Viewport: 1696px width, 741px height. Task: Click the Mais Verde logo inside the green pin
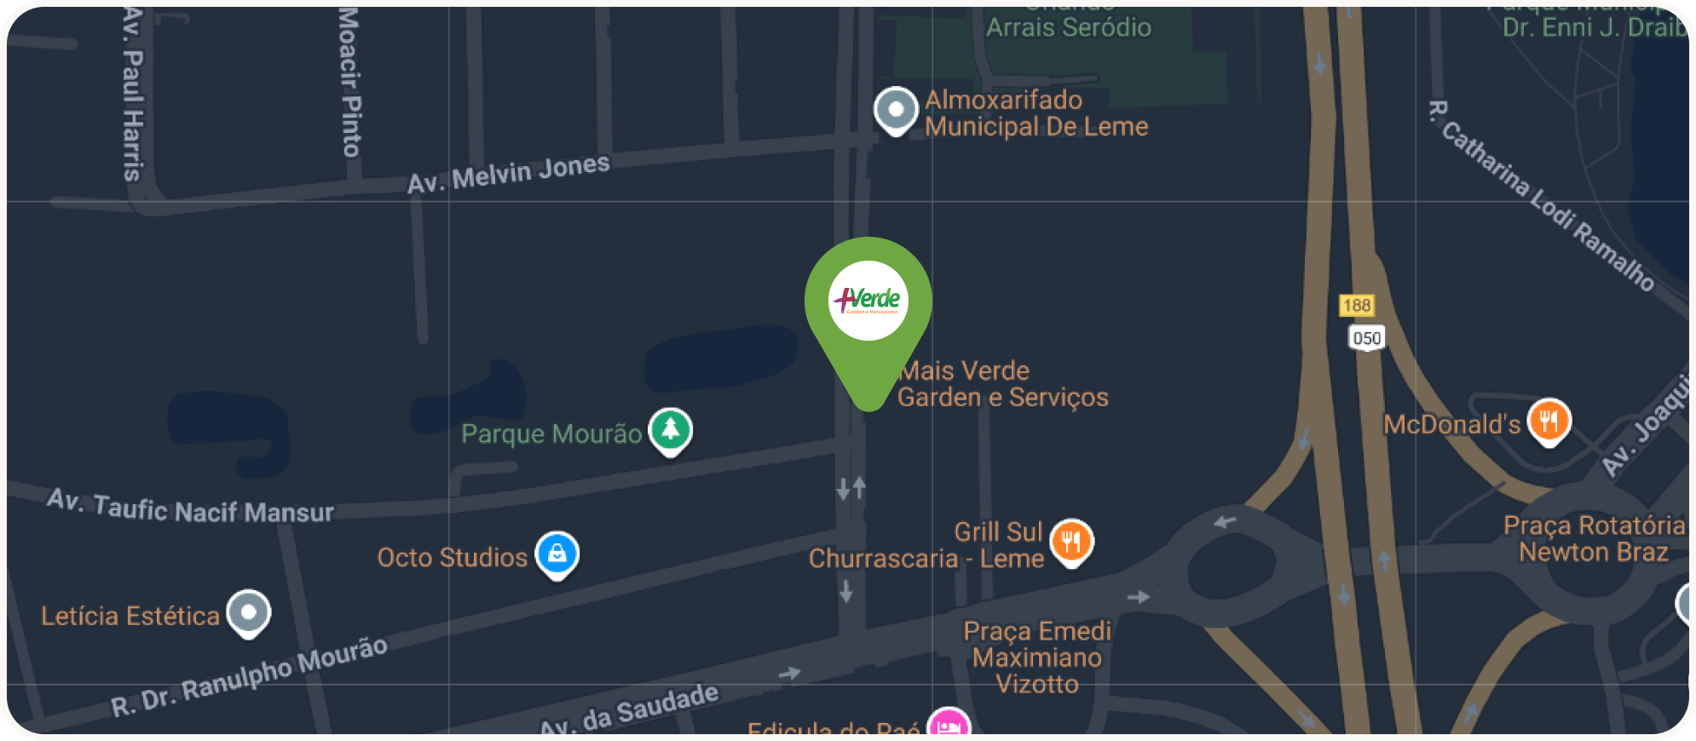coord(868,300)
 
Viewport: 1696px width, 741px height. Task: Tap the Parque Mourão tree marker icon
coord(671,429)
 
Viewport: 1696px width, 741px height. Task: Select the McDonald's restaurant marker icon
coord(1549,421)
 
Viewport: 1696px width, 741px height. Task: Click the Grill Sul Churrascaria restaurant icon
coord(1071,541)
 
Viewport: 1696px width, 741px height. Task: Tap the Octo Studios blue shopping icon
coord(557,554)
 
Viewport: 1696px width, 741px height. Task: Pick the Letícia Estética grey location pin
coord(249,612)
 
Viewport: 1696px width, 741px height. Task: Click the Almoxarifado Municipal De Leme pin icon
coord(896,110)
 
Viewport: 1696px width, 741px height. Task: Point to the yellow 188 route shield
coord(1356,305)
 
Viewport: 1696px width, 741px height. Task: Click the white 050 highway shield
coord(1366,338)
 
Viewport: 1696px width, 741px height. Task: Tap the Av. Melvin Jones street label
coord(509,174)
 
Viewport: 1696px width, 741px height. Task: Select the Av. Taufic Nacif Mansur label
coord(191,508)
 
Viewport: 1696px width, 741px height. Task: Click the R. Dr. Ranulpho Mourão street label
coord(250,676)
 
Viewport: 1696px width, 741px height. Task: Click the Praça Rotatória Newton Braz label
coord(1594,538)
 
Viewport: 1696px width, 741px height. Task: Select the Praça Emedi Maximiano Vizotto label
coord(1037,657)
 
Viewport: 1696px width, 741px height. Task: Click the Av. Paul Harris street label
coord(133,94)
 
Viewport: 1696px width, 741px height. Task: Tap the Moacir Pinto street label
coord(349,82)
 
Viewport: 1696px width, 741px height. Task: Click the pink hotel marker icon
coord(949,726)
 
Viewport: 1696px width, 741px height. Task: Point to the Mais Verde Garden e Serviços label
coord(1003,384)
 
